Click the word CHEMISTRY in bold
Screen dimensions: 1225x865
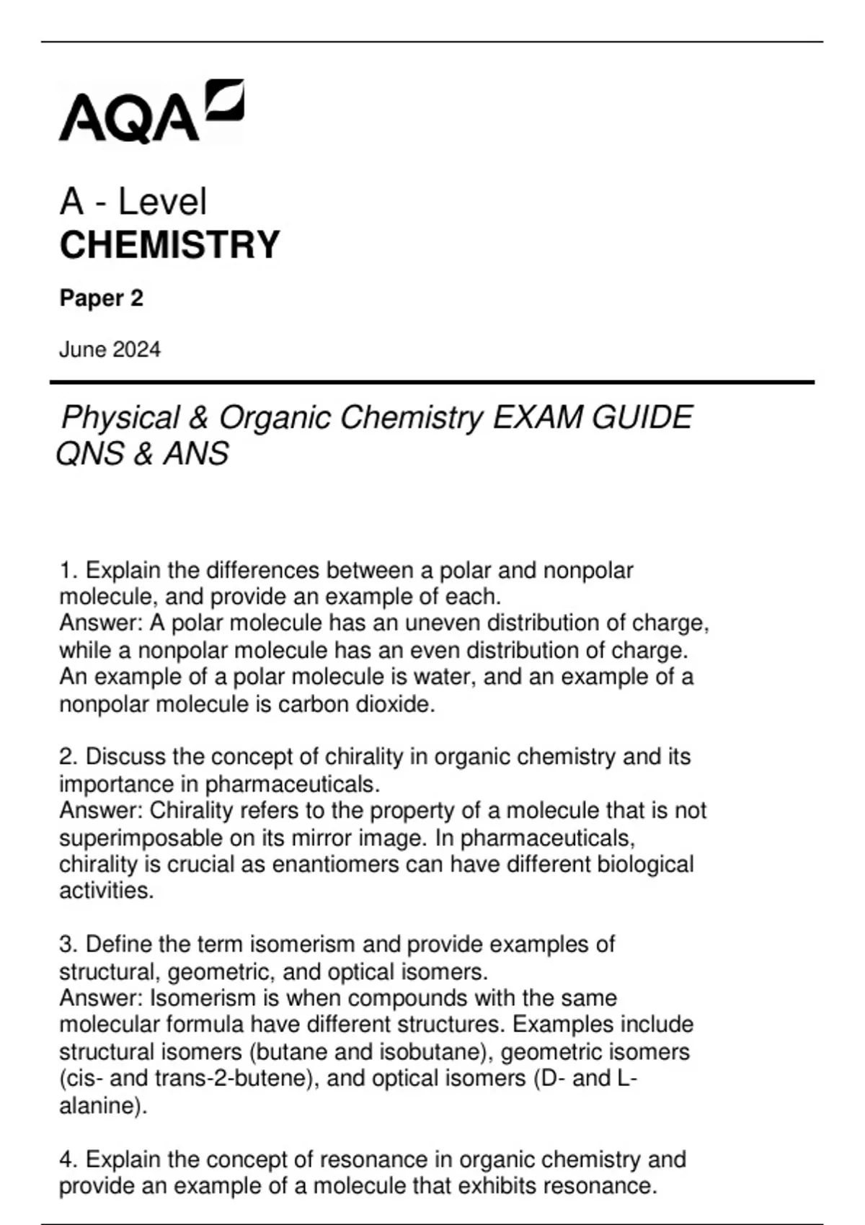(169, 245)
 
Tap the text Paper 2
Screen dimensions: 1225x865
(102, 298)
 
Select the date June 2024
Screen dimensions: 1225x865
(110, 350)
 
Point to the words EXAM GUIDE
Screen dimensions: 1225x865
(592, 418)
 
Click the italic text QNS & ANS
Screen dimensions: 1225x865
(143, 454)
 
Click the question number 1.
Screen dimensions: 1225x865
(68, 571)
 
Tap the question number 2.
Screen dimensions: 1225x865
(68, 757)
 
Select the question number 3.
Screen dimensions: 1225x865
(68, 945)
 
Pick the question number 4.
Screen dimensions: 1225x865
(68, 1159)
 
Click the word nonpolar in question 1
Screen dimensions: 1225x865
(587, 571)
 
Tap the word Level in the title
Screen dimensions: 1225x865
(162, 202)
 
